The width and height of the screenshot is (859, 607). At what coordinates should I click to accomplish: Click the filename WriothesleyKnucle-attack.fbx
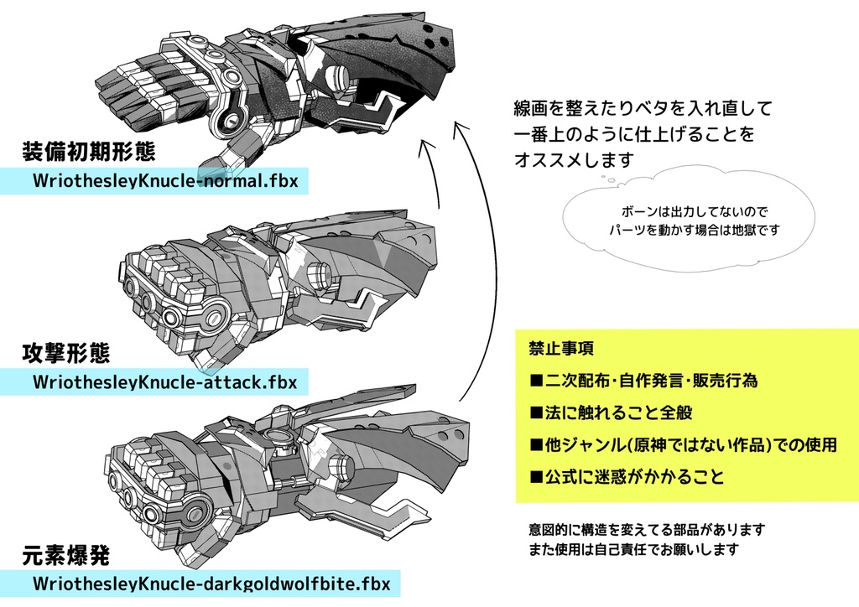pyautogui.click(x=164, y=382)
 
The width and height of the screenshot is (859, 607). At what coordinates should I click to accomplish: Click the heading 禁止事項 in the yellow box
pyautogui.click(x=562, y=348)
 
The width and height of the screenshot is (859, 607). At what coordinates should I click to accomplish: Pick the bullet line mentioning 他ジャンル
pyautogui.click(x=682, y=445)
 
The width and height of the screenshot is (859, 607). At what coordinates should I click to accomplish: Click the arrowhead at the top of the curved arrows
pyautogui.click(x=459, y=127)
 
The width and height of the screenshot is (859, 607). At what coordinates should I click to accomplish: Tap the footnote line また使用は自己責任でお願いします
pyautogui.click(x=633, y=550)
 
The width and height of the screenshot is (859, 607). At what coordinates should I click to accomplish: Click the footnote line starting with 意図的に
pyautogui.click(x=647, y=530)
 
